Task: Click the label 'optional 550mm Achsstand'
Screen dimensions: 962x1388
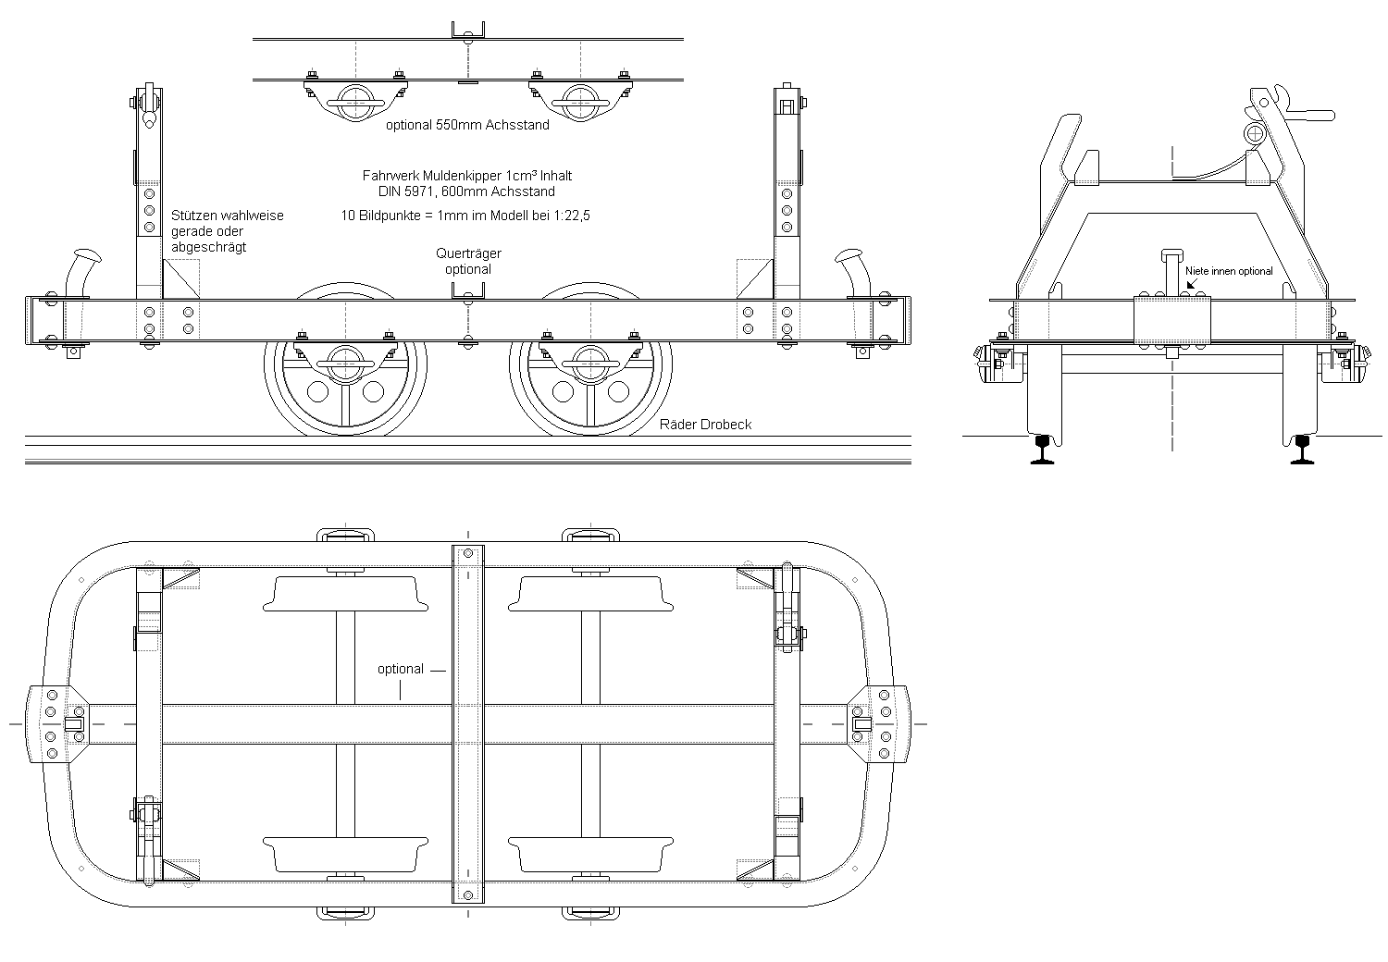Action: click(x=467, y=125)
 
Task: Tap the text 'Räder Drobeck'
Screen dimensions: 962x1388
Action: click(x=705, y=425)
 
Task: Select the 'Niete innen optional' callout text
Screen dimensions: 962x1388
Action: click(x=1229, y=271)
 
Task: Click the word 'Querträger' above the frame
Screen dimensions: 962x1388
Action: click(x=468, y=253)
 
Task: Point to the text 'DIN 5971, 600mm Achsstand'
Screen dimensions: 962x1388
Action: click(x=466, y=191)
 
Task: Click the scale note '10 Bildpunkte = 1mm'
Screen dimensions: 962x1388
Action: click(x=466, y=215)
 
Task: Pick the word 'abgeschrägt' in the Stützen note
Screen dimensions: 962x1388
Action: click(x=208, y=247)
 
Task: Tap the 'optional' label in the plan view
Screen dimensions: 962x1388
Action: click(x=400, y=669)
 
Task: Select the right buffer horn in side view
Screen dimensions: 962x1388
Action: click(x=856, y=268)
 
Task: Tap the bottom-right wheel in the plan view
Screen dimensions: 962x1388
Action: click(x=589, y=855)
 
